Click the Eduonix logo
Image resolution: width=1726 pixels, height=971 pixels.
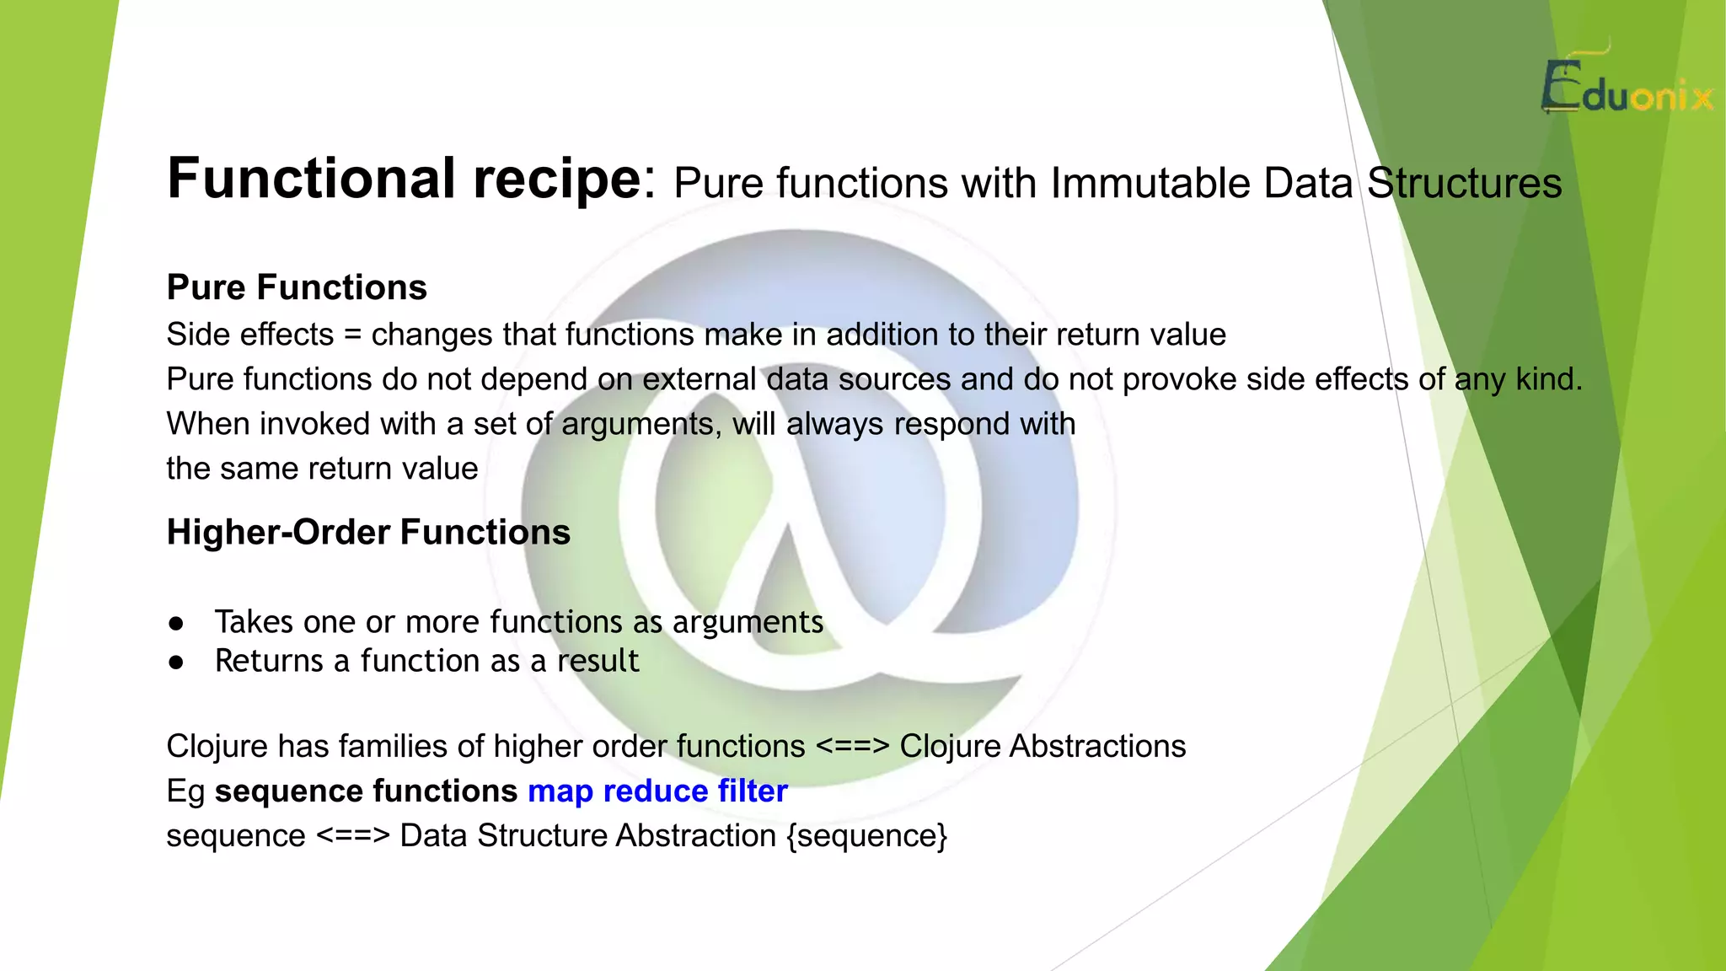(1627, 88)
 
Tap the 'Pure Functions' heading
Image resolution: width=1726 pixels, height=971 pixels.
(297, 287)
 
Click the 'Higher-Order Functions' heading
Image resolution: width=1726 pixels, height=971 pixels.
(368, 533)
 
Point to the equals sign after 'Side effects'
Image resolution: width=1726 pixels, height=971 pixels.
(352, 335)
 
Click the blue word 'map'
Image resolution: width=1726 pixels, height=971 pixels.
(560, 791)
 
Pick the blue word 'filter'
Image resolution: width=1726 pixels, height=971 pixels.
(753, 791)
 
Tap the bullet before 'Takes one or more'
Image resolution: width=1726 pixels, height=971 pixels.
(176, 624)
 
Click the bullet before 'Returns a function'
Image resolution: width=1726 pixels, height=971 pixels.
(176, 663)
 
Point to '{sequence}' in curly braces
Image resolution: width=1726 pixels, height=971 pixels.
(867, 836)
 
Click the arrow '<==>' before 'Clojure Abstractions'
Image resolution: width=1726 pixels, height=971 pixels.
(853, 747)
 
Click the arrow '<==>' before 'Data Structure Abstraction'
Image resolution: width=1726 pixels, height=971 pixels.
(353, 836)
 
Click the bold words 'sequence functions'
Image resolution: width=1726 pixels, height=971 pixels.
(366, 791)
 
